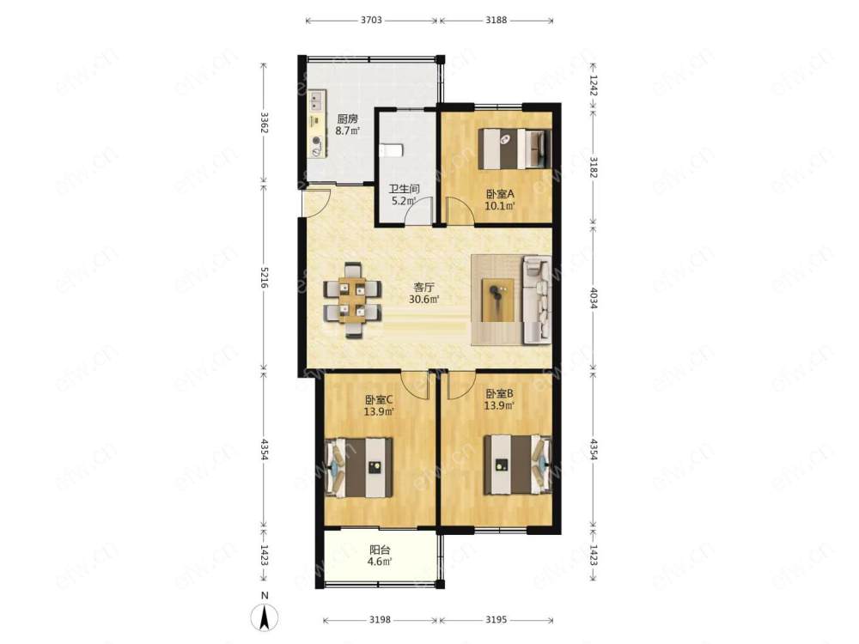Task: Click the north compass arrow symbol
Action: (x=265, y=617)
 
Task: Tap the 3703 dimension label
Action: (x=371, y=21)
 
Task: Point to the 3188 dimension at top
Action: (x=497, y=21)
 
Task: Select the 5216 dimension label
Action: (x=265, y=278)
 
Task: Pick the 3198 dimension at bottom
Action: (x=380, y=620)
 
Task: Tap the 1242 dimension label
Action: (x=594, y=85)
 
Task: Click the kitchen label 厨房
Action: (x=347, y=118)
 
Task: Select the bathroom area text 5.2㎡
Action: (x=403, y=200)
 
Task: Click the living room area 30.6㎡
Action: (x=424, y=299)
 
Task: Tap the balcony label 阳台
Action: (x=380, y=550)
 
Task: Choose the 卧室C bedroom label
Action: (x=379, y=400)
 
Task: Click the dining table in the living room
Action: (x=352, y=301)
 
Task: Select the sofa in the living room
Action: (x=537, y=299)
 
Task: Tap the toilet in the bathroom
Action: (x=391, y=150)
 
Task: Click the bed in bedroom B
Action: (x=517, y=464)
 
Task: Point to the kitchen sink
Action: (x=316, y=100)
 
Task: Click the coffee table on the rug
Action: (x=497, y=300)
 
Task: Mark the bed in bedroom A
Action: (x=515, y=149)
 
